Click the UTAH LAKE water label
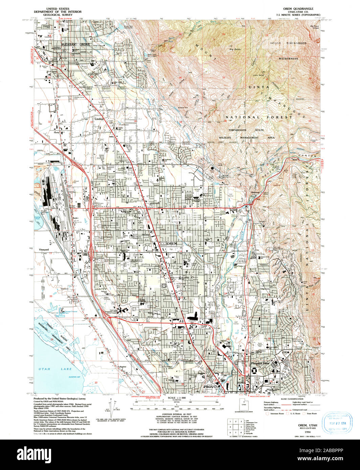point(50,369)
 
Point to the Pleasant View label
point(260,363)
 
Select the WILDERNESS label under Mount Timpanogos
point(288,58)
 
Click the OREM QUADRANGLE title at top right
point(298,8)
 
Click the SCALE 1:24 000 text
point(177,398)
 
